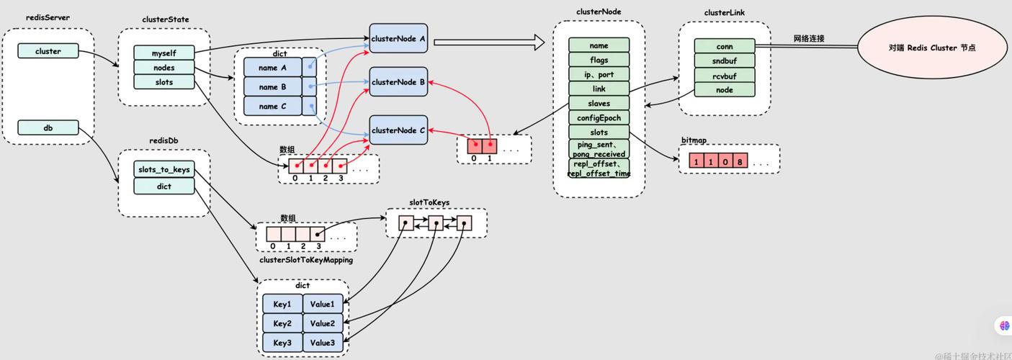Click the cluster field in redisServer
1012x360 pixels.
(x=48, y=51)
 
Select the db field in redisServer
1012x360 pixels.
(x=48, y=128)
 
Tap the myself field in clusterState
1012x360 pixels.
(x=164, y=53)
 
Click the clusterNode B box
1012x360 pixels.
(x=398, y=82)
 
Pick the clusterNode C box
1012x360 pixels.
(x=398, y=130)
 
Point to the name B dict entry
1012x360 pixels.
(x=269, y=87)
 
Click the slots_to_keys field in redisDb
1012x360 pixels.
(x=164, y=170)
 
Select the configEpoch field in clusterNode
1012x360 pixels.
(x=599, y=118)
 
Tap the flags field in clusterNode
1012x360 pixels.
(x=599, y=60)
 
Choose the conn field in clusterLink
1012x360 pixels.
(x=724, y=46)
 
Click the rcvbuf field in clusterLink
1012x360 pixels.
(x=724, y=75)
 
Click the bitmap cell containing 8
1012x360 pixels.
(x=740, y=161)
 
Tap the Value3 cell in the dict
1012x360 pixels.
(x=322, y=343)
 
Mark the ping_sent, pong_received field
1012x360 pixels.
(x=599, y=149)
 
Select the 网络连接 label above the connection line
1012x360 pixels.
(x=809, y=38)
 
